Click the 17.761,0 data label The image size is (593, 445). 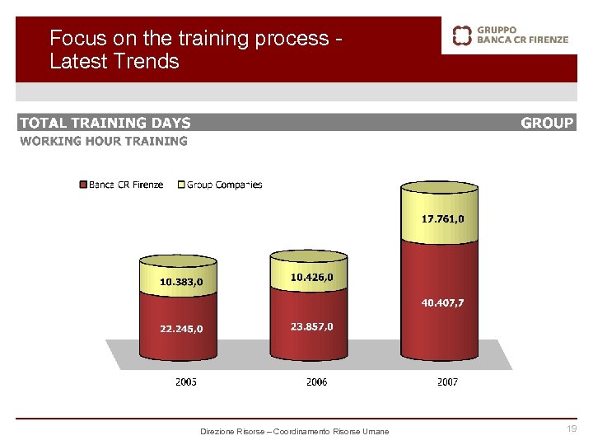point(443,219)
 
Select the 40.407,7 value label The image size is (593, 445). point(443,302)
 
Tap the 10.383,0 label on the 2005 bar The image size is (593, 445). point(181,281)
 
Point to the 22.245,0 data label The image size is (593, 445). point(181,329)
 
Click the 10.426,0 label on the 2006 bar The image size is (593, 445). point(312,278)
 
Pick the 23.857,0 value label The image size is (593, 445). point(312,326)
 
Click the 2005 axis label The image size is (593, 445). point(186,382)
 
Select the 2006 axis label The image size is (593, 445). point(316,382)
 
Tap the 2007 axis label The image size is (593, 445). point(447,382)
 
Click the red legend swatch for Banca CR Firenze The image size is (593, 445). point(83,185)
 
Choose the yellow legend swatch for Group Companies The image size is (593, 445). point(182,185)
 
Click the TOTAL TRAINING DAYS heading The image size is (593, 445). point(105,123)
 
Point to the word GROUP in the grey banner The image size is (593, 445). point(547,123)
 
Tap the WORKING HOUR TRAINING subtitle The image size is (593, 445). point(104,141)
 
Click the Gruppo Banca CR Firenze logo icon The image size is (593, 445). point(463,35)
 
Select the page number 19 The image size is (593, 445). point(572,429)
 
